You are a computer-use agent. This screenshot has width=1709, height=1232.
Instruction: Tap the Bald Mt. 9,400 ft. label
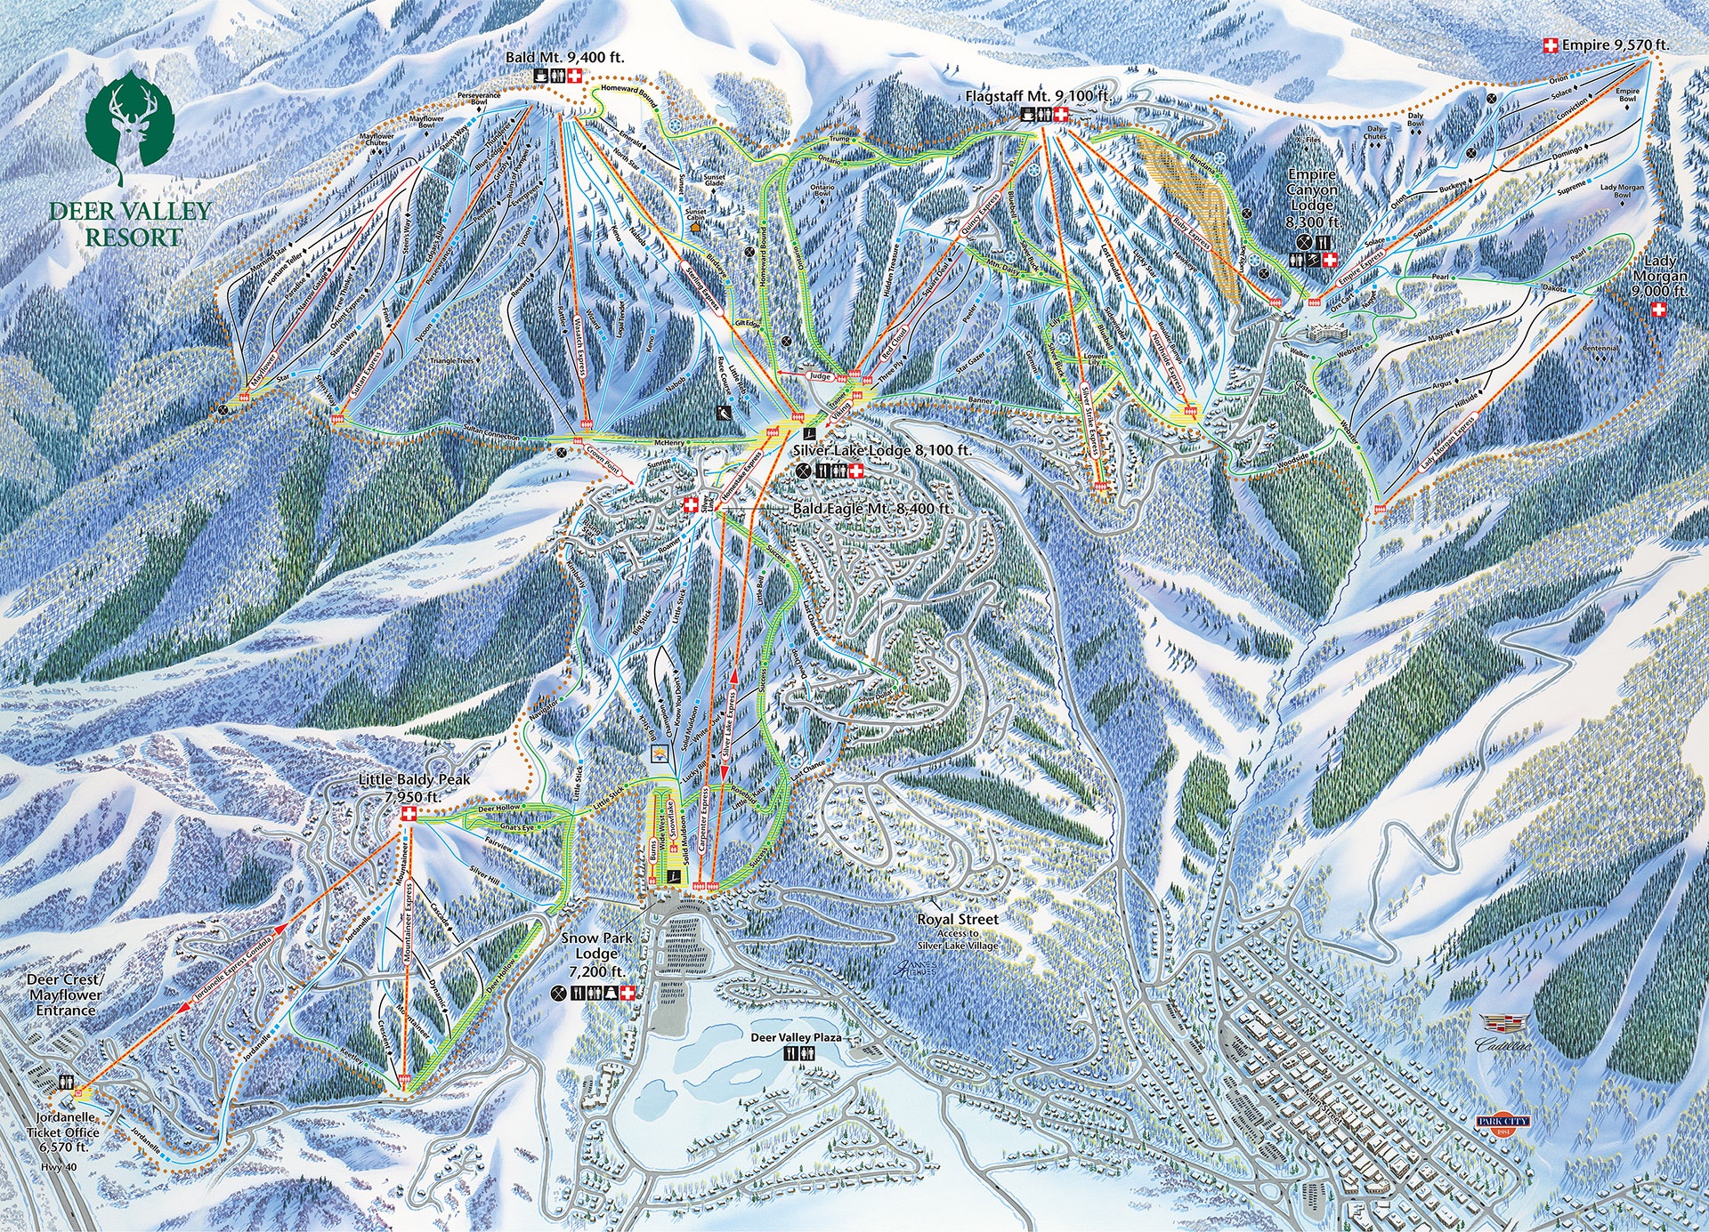click(x=565, y=57)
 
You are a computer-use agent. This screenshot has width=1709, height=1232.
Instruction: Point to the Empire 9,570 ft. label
click(x=1616, y=44)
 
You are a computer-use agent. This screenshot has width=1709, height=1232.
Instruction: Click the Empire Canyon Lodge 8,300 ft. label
click(x=1312, y=198)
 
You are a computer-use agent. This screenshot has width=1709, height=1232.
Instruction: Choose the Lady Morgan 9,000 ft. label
click(x=1659, y=276)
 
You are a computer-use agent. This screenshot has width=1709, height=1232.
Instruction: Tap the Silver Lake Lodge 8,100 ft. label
click(x=881, y=451)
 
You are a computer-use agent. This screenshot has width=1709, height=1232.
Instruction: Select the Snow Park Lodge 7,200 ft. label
click(x=596, y=954)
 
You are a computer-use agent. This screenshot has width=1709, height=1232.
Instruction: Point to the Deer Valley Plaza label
click(x=796, y=1037)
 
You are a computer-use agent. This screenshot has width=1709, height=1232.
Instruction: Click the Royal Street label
click(x=958, y=919)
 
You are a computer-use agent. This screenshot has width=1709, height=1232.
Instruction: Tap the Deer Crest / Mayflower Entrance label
click(x=65, y=994)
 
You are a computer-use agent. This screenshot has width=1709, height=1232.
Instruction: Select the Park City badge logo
click(x=1502, y=1122)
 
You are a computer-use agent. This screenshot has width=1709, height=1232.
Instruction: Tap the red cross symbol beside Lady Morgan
click(x=1658, y=310)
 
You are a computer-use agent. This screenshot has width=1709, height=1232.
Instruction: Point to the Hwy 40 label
click(x=58, y=1168)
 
